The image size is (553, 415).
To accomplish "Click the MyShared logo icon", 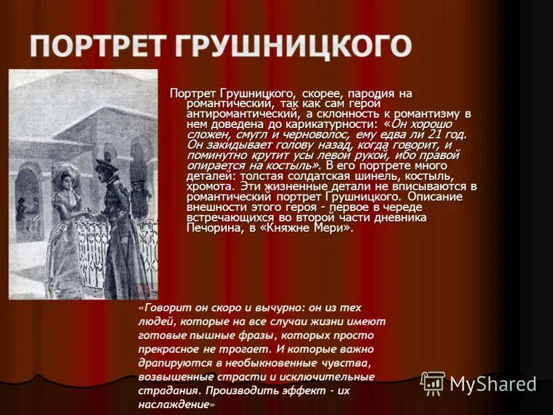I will coord(433,383).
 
